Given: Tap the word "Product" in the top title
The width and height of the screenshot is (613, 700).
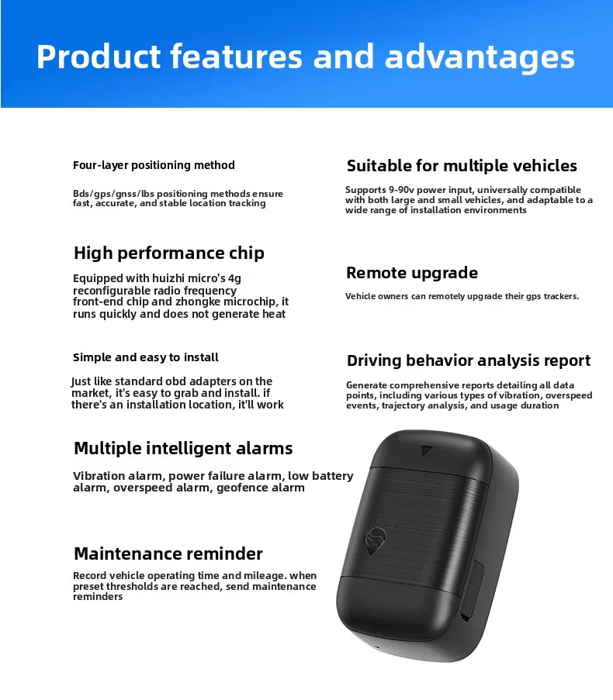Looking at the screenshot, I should pyautogui.click(x=97, y=57).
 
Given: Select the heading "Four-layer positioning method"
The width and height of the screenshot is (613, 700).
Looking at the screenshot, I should pyautogui.click(x=154, y=165).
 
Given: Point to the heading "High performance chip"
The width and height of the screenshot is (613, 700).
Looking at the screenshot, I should pyautogui.click(x=168, y=253).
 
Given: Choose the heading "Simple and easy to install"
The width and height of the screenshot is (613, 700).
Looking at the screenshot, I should pyautogui.click(x=146, y=357).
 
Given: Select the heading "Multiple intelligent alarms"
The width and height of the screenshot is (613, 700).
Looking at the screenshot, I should pyautogui.click(x=183, y=448).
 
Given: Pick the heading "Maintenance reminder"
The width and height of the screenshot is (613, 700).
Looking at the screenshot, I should pyautogui.click(x=168, y=553).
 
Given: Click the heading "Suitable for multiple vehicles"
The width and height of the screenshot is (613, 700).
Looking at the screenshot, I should pyautogui.click(x=462, y=166).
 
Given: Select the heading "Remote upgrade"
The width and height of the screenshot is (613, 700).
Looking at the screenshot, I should pyautogui.click(x=411, y=273).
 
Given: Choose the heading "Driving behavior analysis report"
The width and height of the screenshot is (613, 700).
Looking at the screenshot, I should pyautogui.click(x=468, y=360).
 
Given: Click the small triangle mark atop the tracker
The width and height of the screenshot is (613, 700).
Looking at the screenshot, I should pyautogui.click(x=426, y=450).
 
